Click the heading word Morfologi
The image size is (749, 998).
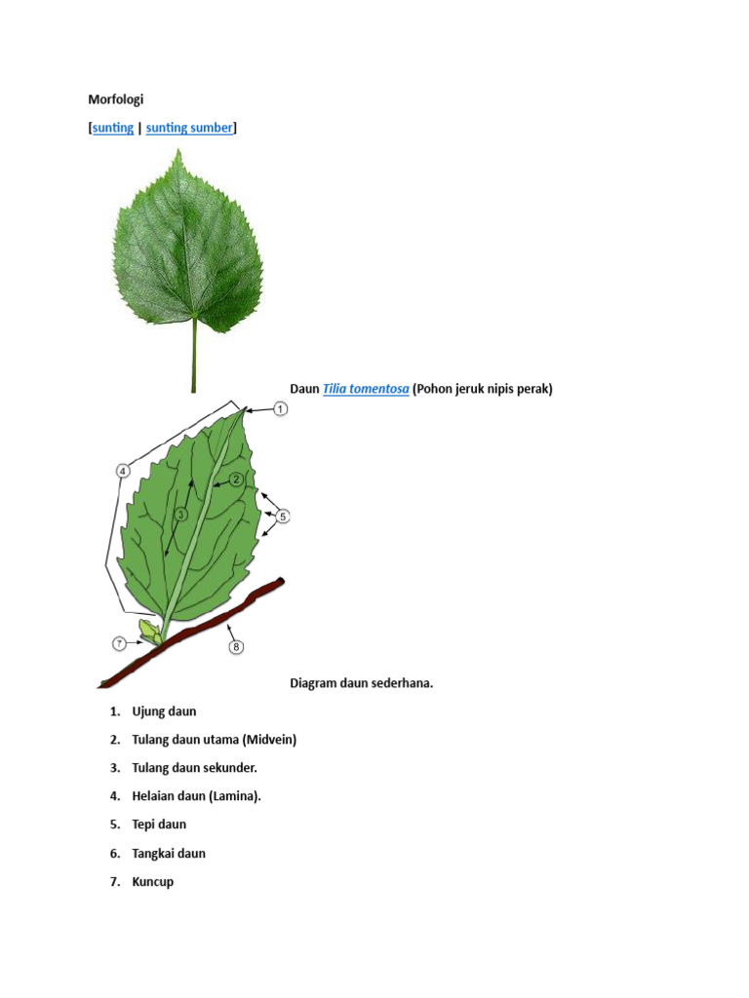116,98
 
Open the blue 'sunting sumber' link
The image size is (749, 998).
189,128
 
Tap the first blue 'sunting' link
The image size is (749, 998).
113,128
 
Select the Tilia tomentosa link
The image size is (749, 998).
366,389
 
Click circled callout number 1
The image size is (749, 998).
279,409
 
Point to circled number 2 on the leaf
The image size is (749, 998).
236,479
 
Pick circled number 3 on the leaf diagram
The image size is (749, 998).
181,514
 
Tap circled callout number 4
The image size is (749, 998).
123,472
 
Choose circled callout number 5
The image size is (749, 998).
284,516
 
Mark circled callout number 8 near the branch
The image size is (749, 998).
234,646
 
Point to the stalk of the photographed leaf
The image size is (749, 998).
194,356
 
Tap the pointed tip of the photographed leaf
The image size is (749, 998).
177,152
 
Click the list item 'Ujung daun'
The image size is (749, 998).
164,711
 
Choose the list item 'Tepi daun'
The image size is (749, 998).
159,825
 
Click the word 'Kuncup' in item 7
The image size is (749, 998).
153,882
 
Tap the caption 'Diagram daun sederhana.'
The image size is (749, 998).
361,683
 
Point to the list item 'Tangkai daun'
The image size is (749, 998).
169,854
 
